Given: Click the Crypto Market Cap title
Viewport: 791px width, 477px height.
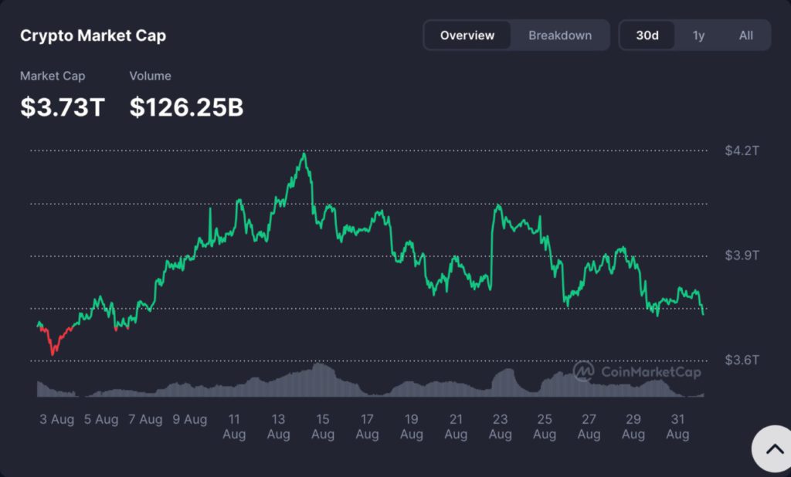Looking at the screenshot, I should [93, 36].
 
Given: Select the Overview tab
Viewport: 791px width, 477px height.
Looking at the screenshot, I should [467, 36].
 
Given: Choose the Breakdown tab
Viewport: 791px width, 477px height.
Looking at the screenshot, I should [560, 36].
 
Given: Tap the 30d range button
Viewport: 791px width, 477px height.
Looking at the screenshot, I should [647, 36].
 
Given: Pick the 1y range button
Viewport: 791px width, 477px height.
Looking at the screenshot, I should [698, 36].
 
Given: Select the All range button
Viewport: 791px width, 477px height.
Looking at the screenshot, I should [745, 36].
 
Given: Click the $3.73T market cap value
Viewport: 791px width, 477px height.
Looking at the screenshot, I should [63, 107].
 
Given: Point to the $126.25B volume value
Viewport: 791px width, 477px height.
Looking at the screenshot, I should [186, 107].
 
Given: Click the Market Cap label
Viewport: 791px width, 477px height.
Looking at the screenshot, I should [53, 76].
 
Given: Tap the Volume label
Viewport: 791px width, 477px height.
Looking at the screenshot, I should [150, 76].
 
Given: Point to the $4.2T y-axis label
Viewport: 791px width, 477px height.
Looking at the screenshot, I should [742, 151].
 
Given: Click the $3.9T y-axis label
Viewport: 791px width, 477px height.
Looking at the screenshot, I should [742, 255].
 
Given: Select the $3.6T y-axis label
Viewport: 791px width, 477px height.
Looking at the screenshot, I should [742, 360].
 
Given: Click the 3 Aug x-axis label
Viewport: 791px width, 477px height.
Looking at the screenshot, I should [57, 420].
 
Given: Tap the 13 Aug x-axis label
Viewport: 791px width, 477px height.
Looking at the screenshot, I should [278, 427].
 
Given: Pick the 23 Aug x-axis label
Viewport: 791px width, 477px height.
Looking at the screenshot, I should [500, 427].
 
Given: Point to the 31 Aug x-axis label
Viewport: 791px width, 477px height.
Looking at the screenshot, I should [677, 427].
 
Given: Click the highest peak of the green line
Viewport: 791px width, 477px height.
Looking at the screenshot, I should [304, 154].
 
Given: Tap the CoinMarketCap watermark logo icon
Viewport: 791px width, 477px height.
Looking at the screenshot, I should [583, 371].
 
